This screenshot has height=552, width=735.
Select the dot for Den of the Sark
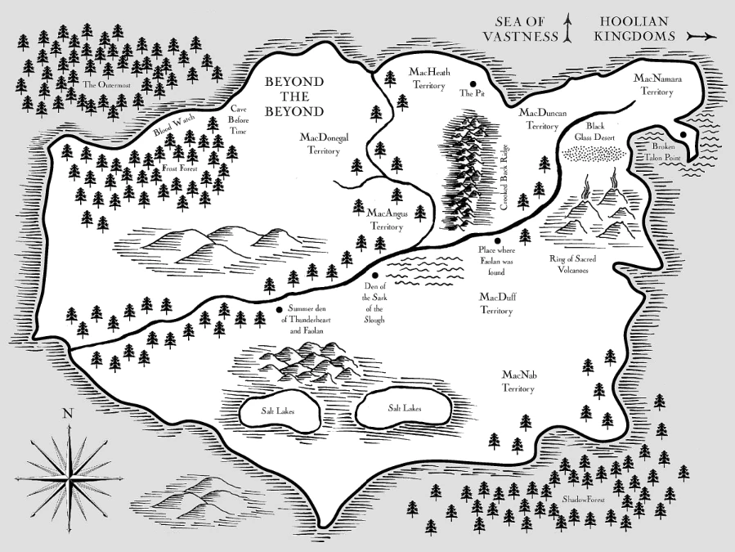374,276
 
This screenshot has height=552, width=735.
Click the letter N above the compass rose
68,414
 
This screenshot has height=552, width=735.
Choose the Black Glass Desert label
594,132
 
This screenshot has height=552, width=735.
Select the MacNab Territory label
518,381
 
